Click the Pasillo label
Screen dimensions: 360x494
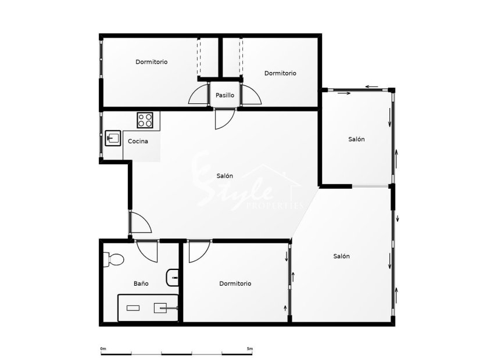(225, 95)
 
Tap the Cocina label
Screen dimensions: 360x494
(138, 141)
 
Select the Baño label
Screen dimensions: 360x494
(141, 284)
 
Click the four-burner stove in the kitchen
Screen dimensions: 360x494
(145, 120)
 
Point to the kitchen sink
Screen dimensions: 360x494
(113, 139)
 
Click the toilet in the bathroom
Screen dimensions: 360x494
(113, 259)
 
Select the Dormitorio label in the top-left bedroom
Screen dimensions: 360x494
(152, 62)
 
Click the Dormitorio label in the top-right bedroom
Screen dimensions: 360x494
(280, 73)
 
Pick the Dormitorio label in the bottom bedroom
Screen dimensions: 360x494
(235, 284)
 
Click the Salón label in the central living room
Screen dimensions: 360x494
(225, 176)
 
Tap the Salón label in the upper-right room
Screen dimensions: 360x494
(356, 139)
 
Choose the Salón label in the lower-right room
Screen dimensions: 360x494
(342, 256)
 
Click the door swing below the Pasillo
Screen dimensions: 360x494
(223, 119)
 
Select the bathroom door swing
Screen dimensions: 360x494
(146, 251)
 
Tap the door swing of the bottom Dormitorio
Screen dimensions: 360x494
(197, 250)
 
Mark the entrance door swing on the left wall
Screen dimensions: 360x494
(140, 224)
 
